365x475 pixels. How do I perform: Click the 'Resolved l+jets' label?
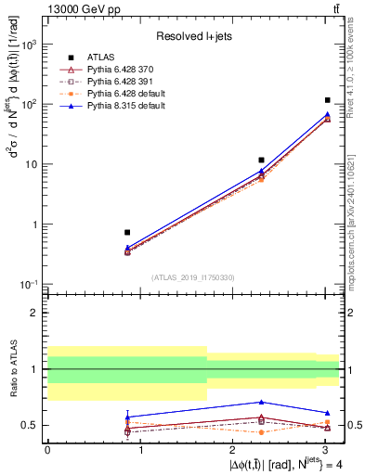[192, 35]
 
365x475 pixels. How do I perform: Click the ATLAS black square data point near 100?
[328, 100]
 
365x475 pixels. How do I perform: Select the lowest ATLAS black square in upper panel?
[127, 232]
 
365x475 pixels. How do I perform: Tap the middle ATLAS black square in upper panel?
[262, 160]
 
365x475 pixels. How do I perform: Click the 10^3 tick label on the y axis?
[29, 45]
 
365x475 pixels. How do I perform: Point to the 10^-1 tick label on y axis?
[29, 285]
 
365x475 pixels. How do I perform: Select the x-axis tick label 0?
[47, 450]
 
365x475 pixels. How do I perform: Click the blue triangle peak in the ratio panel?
[262, 402]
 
